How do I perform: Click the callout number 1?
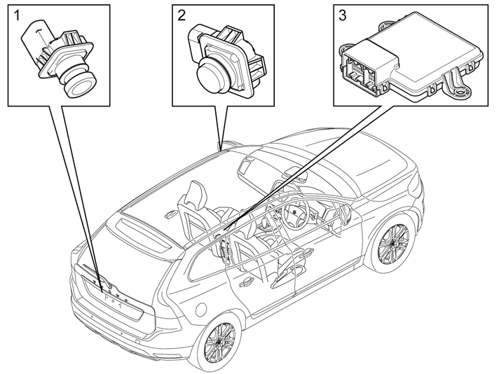click(x=18, y=15)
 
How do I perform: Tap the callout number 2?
click(x=182, y=15)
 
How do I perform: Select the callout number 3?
click(x=343, y=15)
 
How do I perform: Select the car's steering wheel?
click(x=296, y=214)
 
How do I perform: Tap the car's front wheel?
click(x=394, y=244)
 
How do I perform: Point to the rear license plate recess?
click(x=114, y=301)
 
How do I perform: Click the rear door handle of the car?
click(x=247, y=282)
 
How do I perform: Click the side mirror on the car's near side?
click(x=345, y=214)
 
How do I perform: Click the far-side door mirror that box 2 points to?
click(x=230, y=143)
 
